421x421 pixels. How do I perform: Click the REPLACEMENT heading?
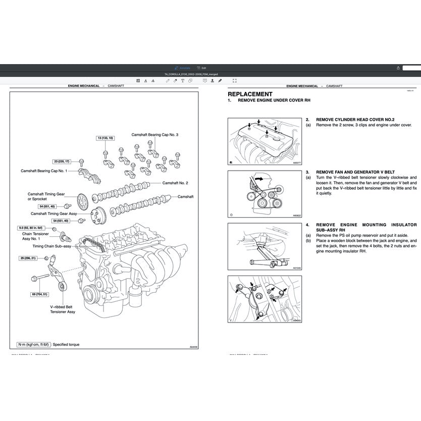pyautogui.click(x=250, y=94)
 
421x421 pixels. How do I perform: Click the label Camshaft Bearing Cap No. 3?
pyautogui.click(x=155, y=135)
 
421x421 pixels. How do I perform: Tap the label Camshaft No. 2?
pyautogui.click(x=175, y=183)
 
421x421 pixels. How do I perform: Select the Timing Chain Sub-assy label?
pyautogui.click(x=52, y=246)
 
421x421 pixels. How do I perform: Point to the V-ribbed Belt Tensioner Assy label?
pyautogui.click(x=63, y=309)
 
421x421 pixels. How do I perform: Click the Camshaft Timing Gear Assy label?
pyautogui.click(x=58, y=214)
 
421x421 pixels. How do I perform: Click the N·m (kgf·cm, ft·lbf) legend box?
pyautogui.click(x=34, y=344)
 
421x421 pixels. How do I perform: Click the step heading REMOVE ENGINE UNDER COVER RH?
pyautogui.click(x=270, y=101)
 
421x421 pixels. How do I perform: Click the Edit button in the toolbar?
pyautogui.click(x=202, y=68)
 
